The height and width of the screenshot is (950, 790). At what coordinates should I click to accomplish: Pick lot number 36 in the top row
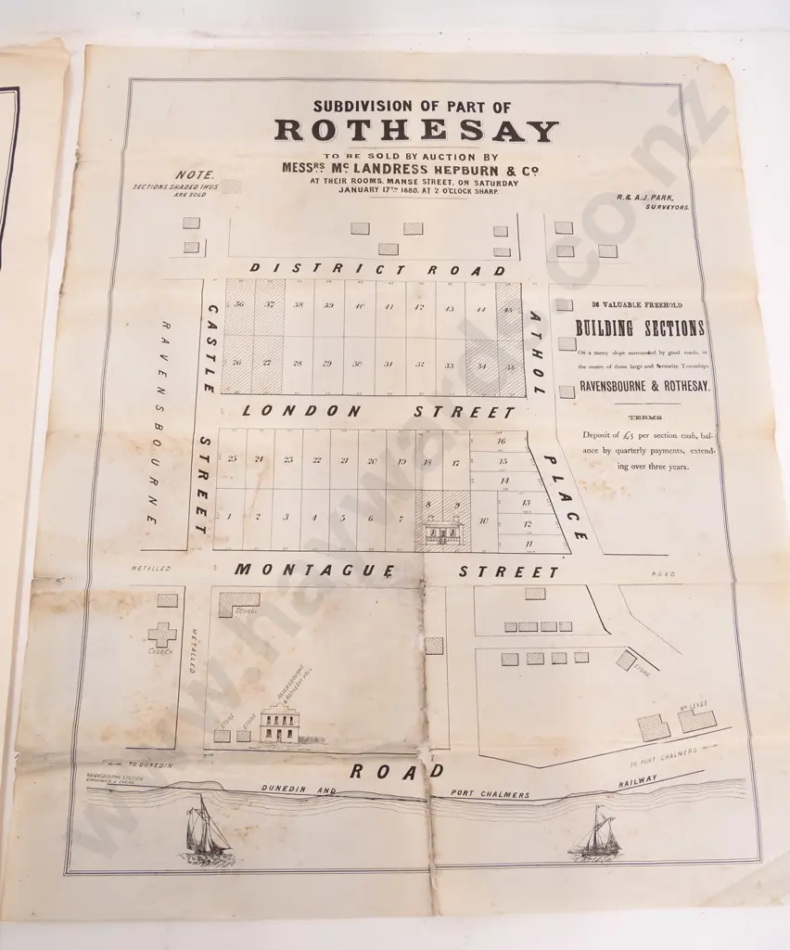(238, 305)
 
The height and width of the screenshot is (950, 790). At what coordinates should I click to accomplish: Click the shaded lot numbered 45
(508, 310)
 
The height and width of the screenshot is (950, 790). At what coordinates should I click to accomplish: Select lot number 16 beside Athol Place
(502, 442)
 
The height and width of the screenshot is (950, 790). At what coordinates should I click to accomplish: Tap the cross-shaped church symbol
(162, 635)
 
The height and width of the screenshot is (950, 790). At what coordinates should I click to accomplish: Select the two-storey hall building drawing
(279, 724)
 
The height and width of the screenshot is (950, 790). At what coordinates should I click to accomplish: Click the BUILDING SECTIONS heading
(639, 328)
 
